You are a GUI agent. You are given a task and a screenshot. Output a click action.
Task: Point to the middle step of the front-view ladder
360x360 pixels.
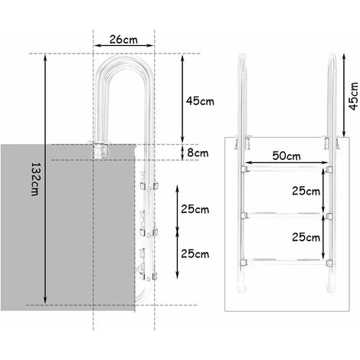(287, 212)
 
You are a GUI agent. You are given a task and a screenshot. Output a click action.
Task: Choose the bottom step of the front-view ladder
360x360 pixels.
(287, 258)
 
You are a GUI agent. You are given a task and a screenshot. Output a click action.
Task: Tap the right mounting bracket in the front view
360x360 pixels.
(330, 143)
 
